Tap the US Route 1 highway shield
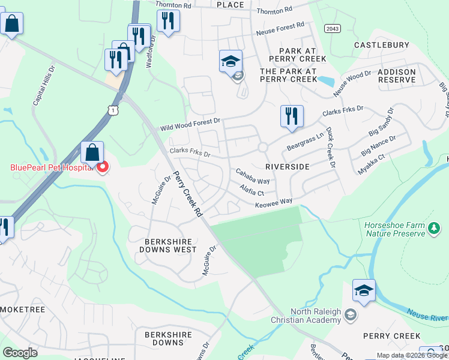[x=112, y=109]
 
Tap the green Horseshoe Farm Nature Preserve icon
[x=435, y=228]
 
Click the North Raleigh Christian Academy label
[x=316, y=316]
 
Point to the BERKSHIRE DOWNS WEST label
[x=167, y=245]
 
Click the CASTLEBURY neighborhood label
[x=382, y=45]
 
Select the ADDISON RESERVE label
[x=396, y=76]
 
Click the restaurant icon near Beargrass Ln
[x=292, y=116]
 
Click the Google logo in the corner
[x=20, y=353]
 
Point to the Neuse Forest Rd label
[x=280, y=28]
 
